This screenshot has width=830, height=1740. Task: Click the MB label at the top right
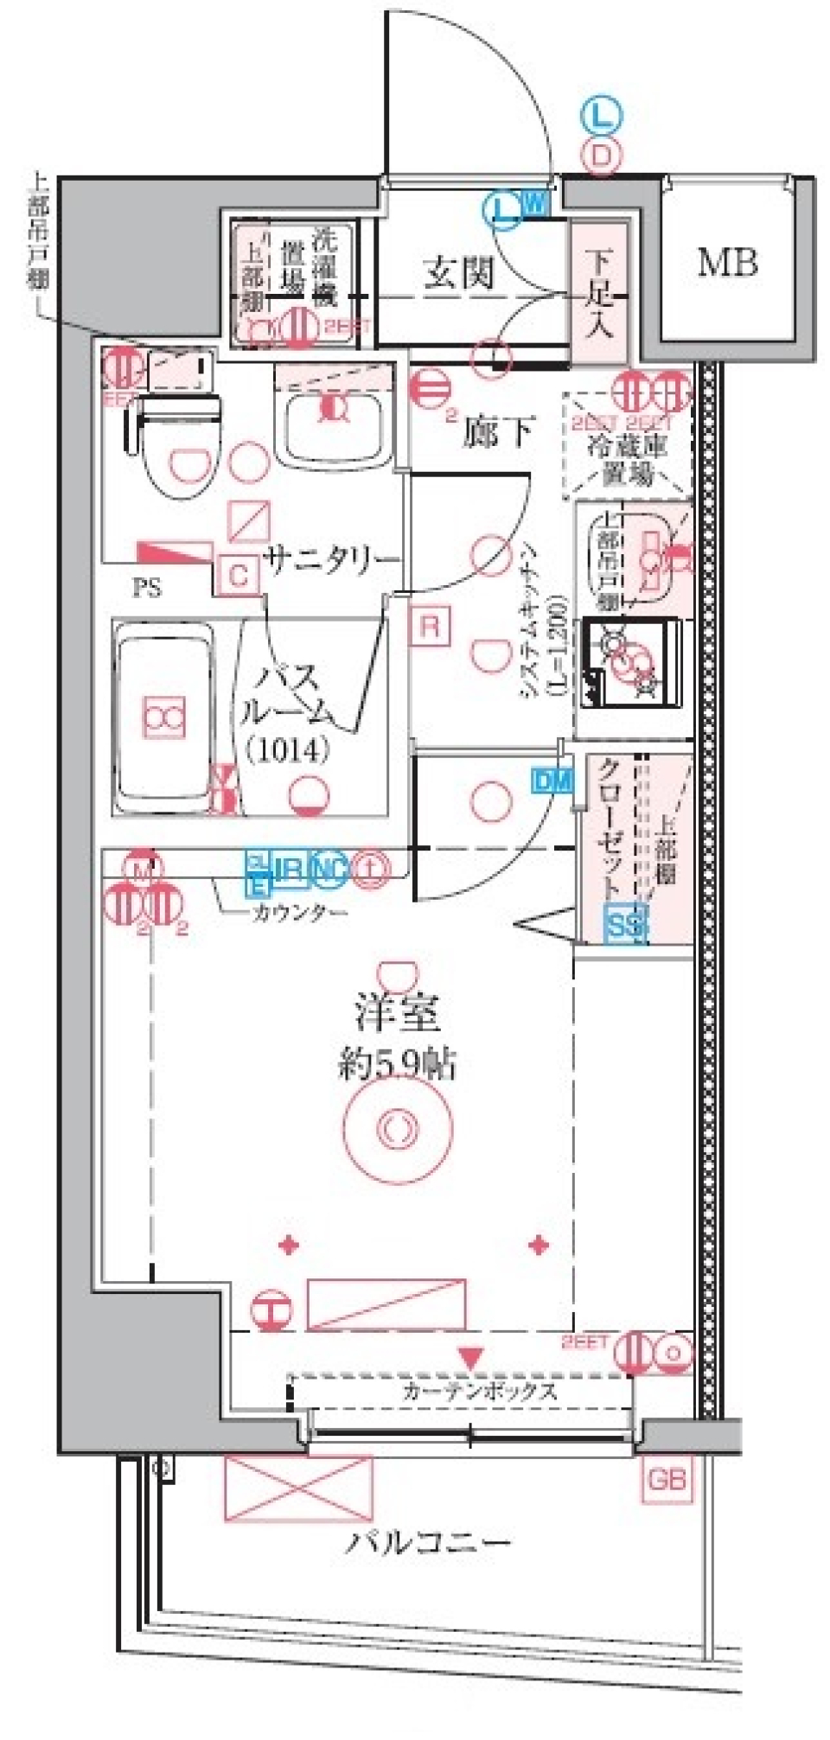[x=728, y=262]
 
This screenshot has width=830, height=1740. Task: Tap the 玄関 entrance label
[x=459, y=275]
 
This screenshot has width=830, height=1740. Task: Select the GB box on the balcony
[x=667, y=1479]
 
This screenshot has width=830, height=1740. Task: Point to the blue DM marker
[x=552, y=781]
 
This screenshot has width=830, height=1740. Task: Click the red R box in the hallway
[x=430, y=625]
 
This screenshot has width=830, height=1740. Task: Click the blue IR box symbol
[x=290, y=868]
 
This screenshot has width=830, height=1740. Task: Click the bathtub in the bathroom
[x=163, y=717]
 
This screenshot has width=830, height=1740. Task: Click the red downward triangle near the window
[x=470, y=1358]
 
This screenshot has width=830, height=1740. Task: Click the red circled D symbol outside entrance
[x=603, y=156]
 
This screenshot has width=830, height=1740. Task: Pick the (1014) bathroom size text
[x=287, y=749]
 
